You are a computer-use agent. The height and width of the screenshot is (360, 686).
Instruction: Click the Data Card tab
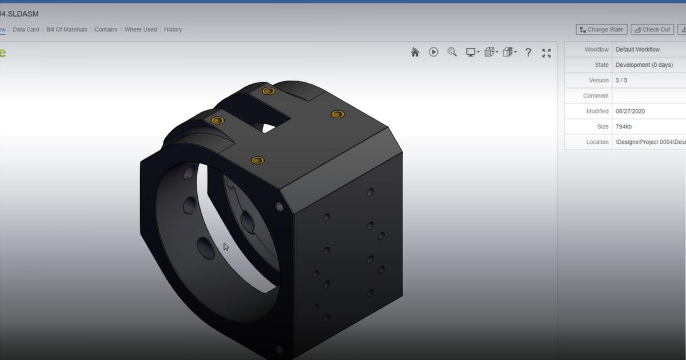[x=26, y=30]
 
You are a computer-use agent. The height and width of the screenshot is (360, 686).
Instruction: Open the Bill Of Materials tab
[x=67, y=30]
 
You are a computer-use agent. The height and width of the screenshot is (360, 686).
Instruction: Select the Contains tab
[x=106, y=30]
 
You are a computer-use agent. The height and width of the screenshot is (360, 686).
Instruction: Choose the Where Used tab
[x=141, y=30]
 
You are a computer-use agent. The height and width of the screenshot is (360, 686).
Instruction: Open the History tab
[x=173, y=30]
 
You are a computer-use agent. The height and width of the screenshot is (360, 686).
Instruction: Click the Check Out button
[x=652, y=30]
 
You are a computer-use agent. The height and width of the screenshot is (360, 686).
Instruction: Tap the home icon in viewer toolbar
[x=415, y=53]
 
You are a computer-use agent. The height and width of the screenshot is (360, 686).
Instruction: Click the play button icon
[x=433, y=53]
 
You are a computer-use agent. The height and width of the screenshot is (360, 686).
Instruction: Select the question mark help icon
[x=528, y=53]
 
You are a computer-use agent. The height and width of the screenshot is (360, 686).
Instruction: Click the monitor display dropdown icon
[x=472, y=53]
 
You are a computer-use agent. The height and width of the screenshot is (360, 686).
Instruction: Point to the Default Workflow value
[x=637, y=50]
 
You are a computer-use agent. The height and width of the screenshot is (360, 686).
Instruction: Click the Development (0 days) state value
[x=644, y=65]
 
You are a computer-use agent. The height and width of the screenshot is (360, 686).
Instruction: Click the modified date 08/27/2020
[x=630, y=111]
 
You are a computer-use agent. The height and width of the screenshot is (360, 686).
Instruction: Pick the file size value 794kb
[x=624, y=127]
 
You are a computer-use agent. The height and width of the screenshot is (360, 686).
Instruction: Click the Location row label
[x=597, y=142]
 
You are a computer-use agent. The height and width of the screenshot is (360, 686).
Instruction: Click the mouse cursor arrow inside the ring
[x=226, y=247]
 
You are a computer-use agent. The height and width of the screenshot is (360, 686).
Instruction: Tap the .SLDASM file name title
[x=19, y=14]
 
